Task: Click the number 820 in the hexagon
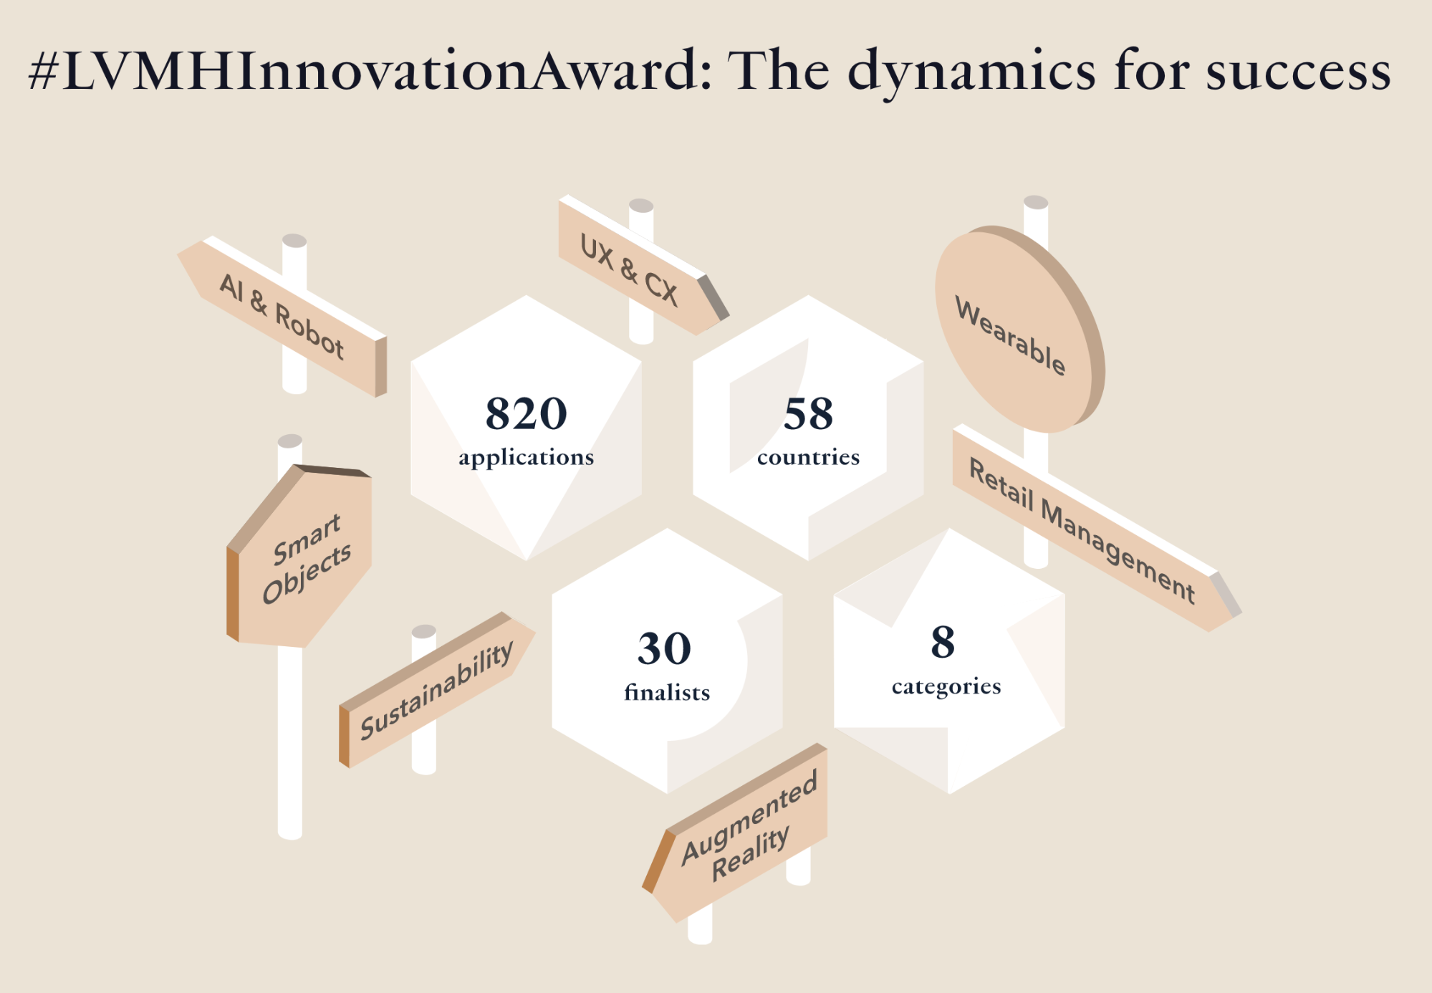[527, 413]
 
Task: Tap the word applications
[527, 458]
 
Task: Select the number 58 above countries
[809, 413]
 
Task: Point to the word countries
[809, 457]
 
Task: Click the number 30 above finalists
[665, 648]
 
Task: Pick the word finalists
[667, 691]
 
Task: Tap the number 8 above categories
[943, 641]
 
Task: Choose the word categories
[946, 686]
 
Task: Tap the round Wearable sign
[1019, 329]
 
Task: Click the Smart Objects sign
[299, 556]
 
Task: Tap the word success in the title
[1298, 72]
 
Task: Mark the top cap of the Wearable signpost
[1036, 202]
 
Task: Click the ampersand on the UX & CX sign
[628, 269]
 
